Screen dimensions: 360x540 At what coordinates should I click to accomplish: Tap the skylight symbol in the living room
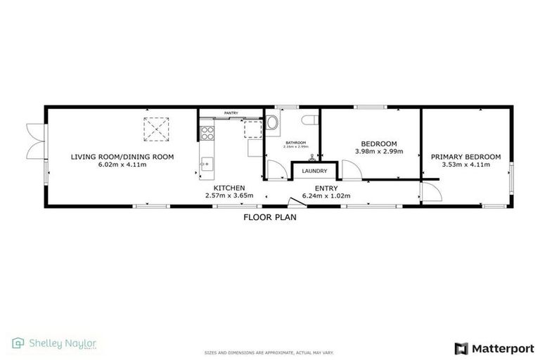155,129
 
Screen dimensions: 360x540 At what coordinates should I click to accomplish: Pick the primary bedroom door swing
430,188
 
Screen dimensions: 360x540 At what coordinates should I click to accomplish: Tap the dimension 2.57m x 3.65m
229,195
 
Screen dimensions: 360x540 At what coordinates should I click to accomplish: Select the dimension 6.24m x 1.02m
326,195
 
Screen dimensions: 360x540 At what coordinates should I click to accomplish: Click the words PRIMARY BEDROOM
465,157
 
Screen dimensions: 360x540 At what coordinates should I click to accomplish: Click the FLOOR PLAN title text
270,217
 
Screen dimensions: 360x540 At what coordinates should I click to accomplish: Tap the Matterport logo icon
461,348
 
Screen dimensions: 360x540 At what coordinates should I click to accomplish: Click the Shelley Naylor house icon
18,344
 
